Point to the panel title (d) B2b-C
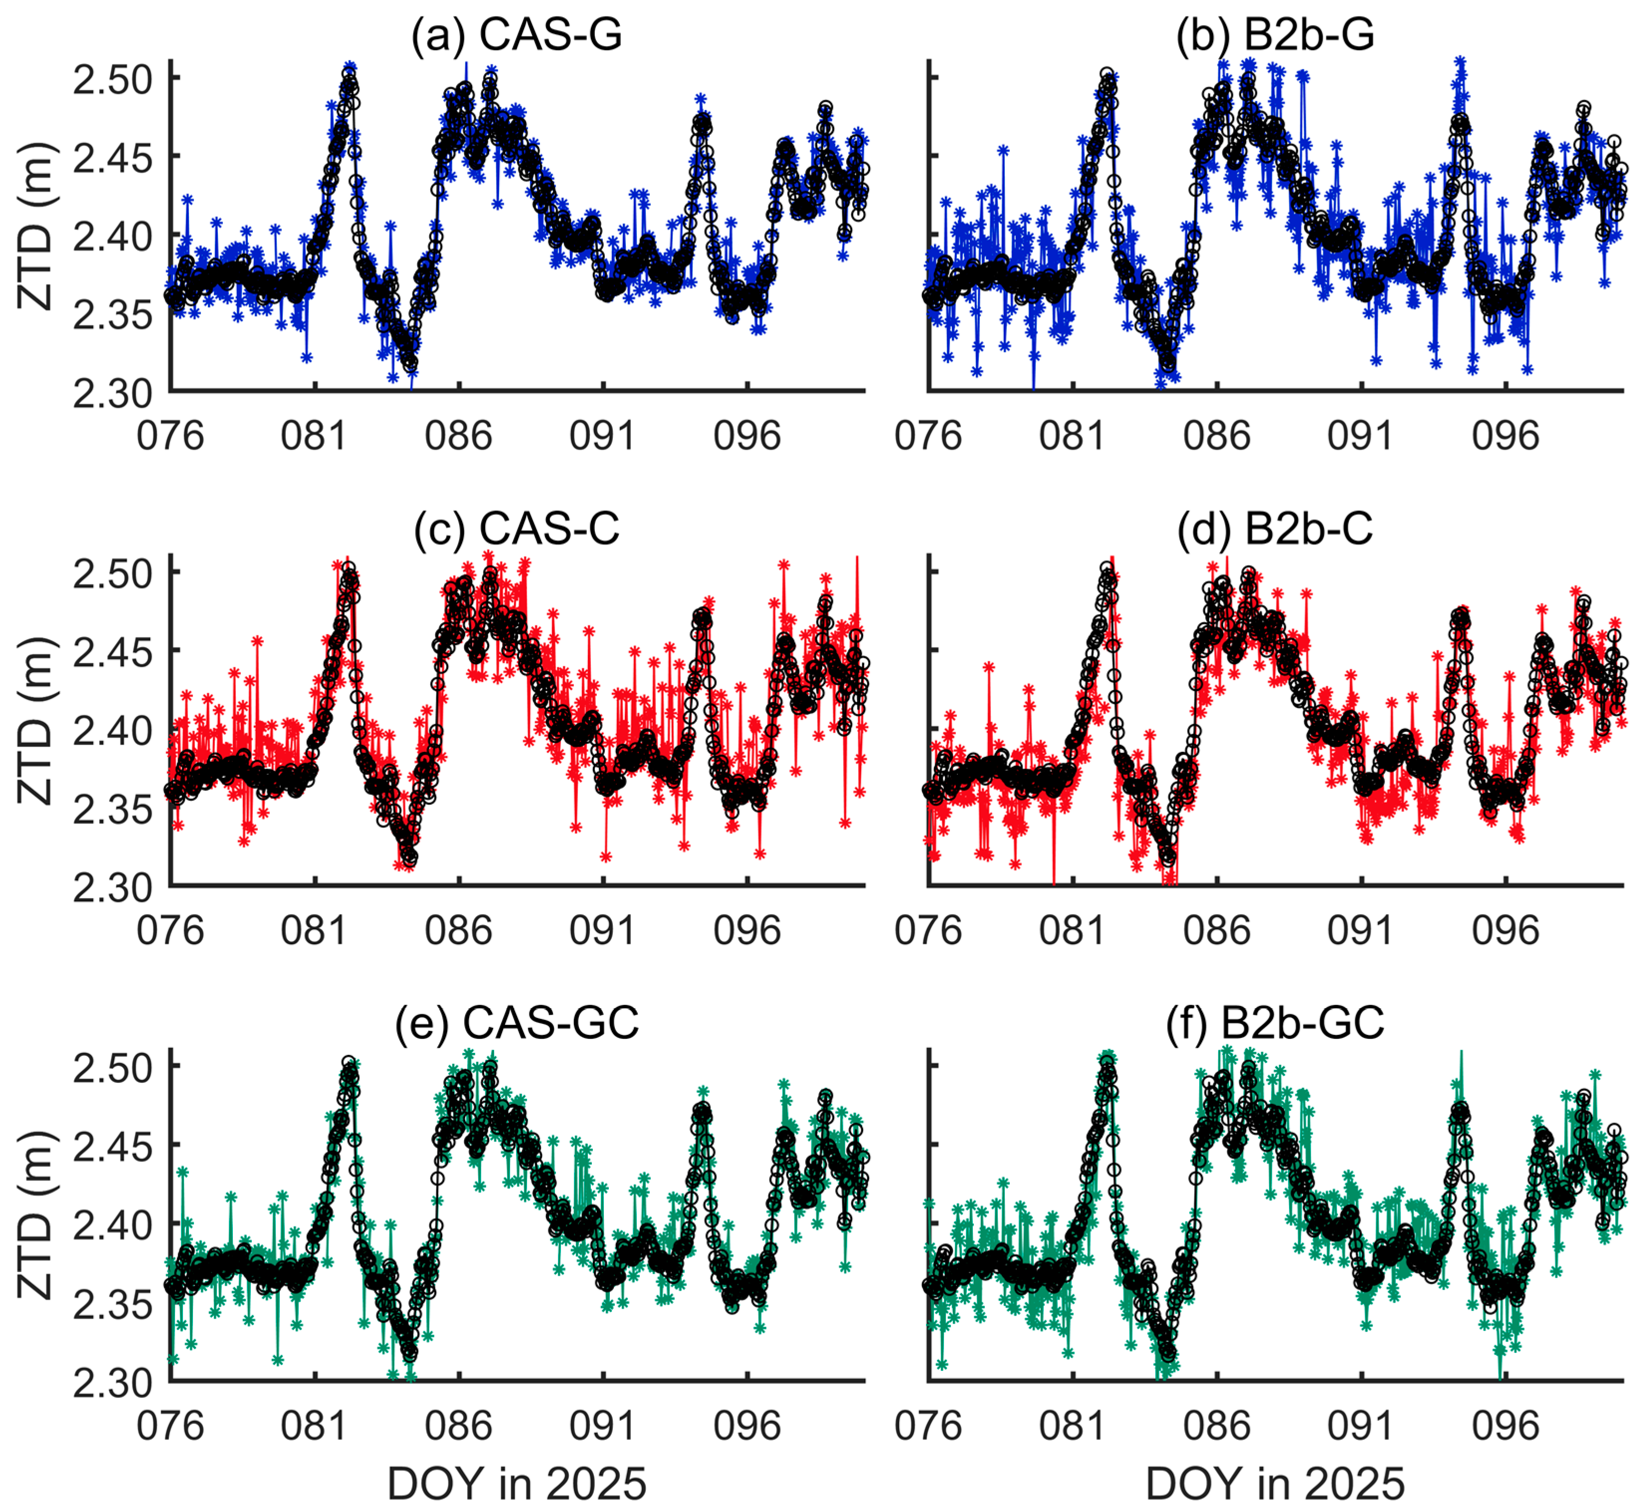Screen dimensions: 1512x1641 coord(1275,529)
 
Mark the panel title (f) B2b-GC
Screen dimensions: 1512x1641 coord(1275,1023)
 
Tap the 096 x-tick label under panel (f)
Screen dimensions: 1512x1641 coord(1505,1425)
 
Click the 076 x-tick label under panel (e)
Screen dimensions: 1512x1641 coord(170,1425)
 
